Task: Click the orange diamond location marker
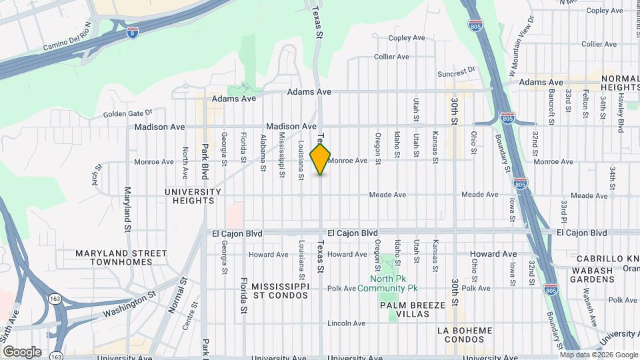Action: [x=321, y=159]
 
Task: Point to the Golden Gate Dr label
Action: [x=128, y=113]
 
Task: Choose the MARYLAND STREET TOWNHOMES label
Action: [x=121, y=257]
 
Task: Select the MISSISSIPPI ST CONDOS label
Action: [x=280, y=291]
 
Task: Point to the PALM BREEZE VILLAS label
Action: [x=412, y=309]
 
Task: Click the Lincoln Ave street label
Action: [x=346, y=323]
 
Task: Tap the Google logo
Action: [x=22, y=351]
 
